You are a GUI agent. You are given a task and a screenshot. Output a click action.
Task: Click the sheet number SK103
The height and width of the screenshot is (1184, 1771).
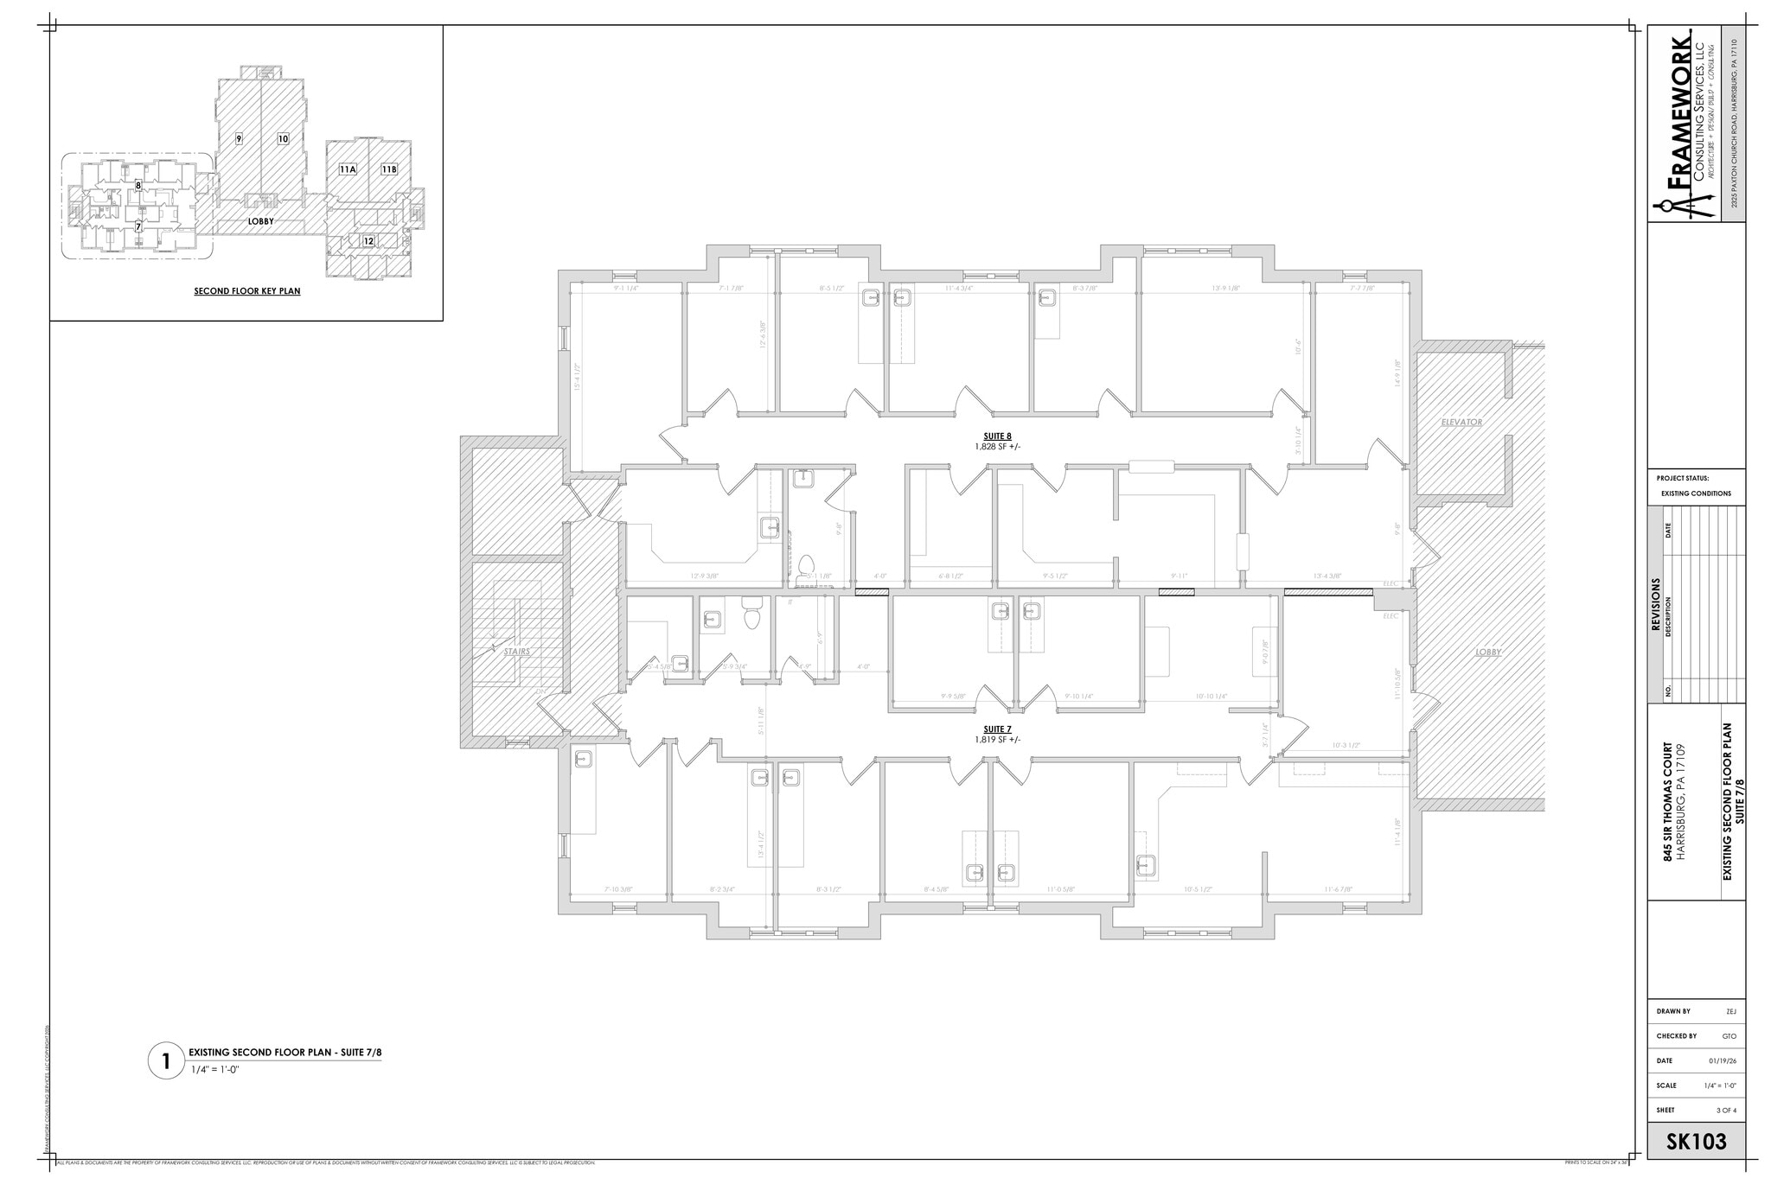pos(1696,1143)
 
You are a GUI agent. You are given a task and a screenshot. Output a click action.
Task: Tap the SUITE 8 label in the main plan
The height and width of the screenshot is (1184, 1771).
pos(997,436)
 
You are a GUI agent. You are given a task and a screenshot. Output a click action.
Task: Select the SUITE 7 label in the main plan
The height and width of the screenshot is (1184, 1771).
pos(997,729)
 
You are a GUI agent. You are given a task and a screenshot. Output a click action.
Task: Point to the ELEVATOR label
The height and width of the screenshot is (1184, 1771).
pos(1461,423)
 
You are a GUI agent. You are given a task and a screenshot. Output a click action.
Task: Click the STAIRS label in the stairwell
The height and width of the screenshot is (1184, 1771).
pos(517,652)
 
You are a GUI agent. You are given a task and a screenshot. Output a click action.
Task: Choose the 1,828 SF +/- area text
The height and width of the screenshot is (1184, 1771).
pos(997,447)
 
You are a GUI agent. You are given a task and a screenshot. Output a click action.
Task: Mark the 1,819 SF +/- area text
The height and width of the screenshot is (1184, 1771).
pos(997,740)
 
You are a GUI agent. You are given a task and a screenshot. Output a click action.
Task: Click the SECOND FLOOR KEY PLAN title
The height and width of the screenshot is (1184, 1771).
pos(247,291)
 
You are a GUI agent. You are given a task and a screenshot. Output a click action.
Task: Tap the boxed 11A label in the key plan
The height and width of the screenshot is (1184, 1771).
pos(348,169)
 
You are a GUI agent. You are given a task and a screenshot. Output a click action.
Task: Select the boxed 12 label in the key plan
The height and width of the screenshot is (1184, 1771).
pos(368,241)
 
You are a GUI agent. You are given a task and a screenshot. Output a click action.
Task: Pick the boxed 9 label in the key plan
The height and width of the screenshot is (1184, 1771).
pos(238,138)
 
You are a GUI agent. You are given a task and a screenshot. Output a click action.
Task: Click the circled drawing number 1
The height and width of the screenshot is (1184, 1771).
pos(165,1060)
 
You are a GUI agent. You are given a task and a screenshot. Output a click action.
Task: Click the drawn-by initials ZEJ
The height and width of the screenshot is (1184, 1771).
pos(1724,1011)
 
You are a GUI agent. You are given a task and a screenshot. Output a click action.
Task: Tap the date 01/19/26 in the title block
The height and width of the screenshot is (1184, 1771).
pos(1716,1061)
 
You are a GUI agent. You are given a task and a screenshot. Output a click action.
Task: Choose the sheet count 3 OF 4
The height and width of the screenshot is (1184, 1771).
pos(1719,1111)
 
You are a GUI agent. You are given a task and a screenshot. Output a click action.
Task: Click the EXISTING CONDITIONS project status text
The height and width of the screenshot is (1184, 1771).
pos(1696,493)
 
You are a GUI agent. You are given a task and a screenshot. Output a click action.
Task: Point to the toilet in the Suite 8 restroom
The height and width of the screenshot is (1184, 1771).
pos(805,567)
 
